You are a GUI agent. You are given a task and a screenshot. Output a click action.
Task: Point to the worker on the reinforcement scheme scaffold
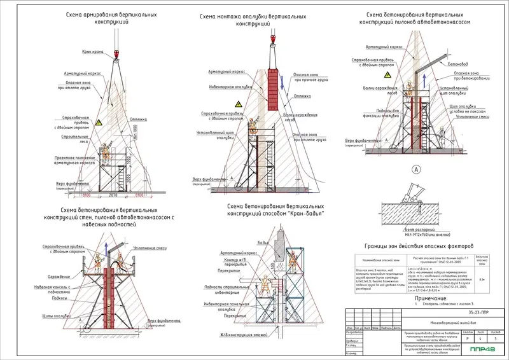[106, 151]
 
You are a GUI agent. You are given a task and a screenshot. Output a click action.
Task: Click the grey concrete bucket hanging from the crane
[279, 248]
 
